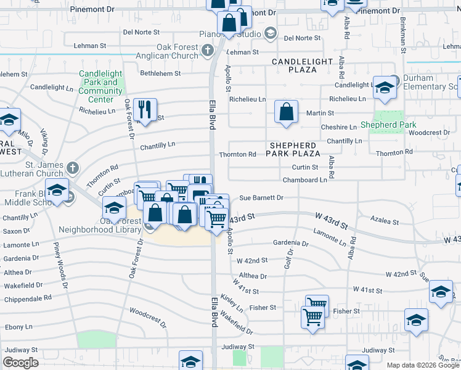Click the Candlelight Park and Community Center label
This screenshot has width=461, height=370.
(x=100, y=86)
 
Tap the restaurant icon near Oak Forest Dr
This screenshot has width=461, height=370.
(x=145, y=110)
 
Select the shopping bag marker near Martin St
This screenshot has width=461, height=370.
(x=287, y=112)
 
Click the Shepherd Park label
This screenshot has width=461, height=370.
(x=389, y=125)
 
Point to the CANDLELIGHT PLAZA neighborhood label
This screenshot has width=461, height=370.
(x=303, y=66)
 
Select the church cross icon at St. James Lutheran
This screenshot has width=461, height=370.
(x=73, y=168)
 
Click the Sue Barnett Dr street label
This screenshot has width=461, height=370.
(x=261, y=198)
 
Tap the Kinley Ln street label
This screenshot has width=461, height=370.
(x=232, y=303)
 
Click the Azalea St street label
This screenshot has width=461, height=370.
(x=385, y=221)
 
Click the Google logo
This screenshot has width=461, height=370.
(x=20, y=363)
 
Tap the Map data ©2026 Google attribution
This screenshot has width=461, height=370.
(x=423, y=365)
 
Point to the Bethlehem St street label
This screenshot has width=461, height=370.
(x=160, y=73)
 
